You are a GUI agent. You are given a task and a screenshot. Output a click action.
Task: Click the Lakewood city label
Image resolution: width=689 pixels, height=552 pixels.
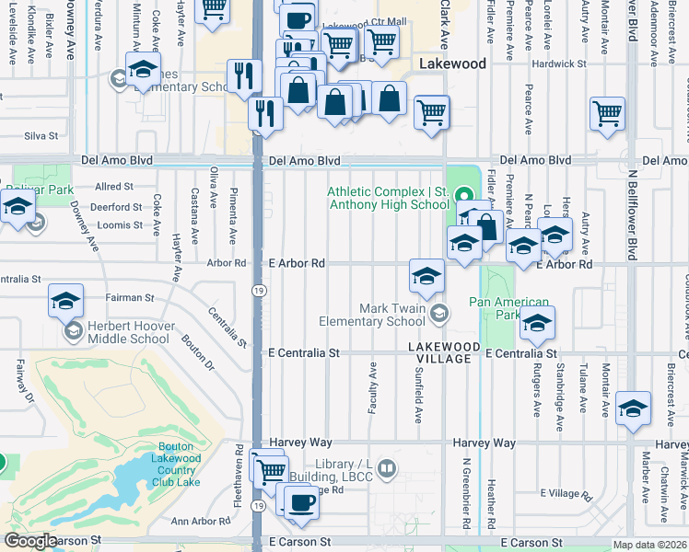pyautogui.click(x=451, y=64)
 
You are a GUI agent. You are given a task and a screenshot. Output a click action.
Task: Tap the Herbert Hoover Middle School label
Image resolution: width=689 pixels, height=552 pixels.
pyautogui.click(x=129, y=332)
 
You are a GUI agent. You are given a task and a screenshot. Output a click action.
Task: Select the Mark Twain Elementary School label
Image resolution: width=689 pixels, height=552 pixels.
pyautogui.click(x=372, y=315)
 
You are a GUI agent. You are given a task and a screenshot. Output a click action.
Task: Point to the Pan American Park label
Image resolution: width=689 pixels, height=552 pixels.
pyautogui.click(x=509, y=308)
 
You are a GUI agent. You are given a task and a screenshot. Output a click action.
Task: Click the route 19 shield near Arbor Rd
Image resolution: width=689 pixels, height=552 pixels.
pyautogui.click(x=261, y=291)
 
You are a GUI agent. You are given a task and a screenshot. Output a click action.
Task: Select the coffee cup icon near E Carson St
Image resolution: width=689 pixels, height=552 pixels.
pyautogui.click(x=300, y=502)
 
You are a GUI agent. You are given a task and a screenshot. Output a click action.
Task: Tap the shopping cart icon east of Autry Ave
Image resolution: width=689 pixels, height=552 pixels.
pyautogui.click(x=608, y=113)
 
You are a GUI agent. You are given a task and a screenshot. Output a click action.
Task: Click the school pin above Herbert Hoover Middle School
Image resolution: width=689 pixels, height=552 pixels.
pyautogui.click(x=66, y=300)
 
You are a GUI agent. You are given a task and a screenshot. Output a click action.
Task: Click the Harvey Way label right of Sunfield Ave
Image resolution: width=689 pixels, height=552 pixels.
pyautogui.click(x=484, y=443)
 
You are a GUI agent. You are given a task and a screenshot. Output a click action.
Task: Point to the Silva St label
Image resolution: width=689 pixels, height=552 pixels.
pyautogui.click(x=41, y=135)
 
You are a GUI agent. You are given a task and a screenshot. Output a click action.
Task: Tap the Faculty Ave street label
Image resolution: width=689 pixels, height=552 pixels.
pyautogui.click(x=373, y=387)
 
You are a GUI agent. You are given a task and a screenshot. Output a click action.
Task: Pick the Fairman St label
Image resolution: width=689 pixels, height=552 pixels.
pyautogui.click(x=129, y=297)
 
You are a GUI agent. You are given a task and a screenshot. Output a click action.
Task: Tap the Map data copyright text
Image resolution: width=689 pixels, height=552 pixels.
pyautogui.click(x=650, y=545)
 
